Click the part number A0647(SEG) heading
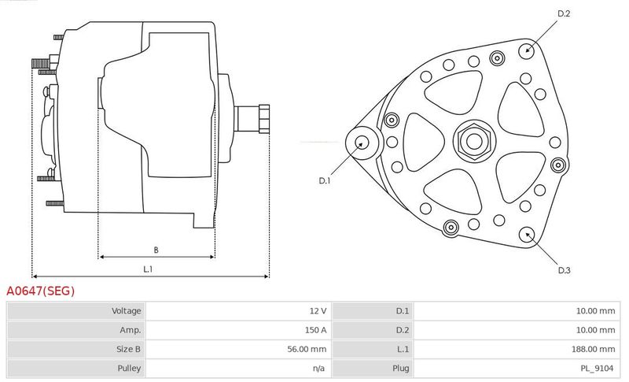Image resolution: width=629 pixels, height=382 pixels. pyautogui.click(x=41, y=291)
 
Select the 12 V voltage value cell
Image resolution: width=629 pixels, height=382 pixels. pyautogui.click(x=318, y=311)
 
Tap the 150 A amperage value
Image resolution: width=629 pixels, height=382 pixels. pyautogui.click(x=315, y=330)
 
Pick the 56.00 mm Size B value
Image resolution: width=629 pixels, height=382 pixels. pyautogui.click(x=307, y=350)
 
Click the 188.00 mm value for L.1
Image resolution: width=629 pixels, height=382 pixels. pyautogui.click(x=593, y=350)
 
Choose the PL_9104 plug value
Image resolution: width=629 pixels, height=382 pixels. pyautogui.click(x=597, y=369)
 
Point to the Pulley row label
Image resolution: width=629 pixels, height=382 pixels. pyautogui.click(x=129, y=369)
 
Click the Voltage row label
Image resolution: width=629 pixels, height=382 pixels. pyautogui.click(x=126, y=311)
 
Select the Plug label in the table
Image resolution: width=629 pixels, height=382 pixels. pyautogui.click(x=400, y=369)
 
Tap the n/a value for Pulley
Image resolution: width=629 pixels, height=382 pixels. pyautogui.click(x=318, y=369)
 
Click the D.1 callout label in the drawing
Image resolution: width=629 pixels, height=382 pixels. pyautogui.click(x=324, y=180)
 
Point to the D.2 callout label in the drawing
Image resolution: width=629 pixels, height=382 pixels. pyautogui.click(x=564, y=13)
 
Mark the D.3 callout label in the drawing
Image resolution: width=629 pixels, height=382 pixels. pyautogui.click(x=564, y=270)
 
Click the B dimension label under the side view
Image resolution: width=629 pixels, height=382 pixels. pyautogui.click(x=156, y=250)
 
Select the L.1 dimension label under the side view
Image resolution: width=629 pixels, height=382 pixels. pyautogui.click(x=148, y=269)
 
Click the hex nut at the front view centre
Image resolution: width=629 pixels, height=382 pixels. pyautogui.click(x=474, y=141)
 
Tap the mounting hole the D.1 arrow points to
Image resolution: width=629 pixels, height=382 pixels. pyautogui.click(x=362, y=143)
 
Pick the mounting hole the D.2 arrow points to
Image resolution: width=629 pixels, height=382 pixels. pyautogui.click(x=527, y=50)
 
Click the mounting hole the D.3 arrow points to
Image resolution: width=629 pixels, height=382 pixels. pyautogui.click(x=526, y=235)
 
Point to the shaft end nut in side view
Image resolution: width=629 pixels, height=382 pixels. pyautogui.click(x=264, y=118)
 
